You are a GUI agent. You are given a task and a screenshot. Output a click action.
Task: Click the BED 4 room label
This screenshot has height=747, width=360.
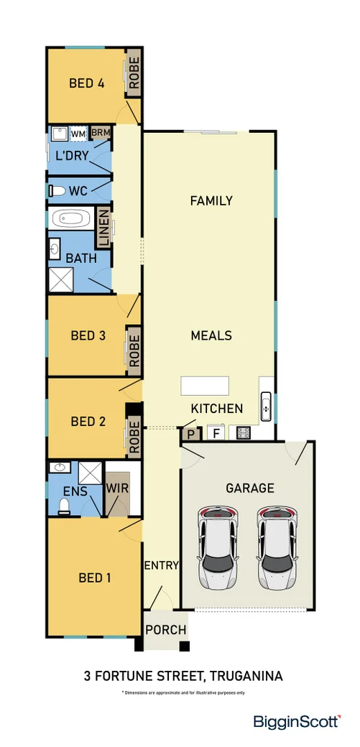[86, 83]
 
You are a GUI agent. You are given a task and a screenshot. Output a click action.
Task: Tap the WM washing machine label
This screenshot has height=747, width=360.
[78, 134]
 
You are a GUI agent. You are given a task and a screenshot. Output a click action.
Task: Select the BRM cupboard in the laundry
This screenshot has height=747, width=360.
[100, 134]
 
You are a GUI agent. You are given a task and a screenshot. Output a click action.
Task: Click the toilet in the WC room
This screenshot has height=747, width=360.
[58, 191]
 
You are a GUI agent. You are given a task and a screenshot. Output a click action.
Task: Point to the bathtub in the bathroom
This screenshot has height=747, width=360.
[72, 218]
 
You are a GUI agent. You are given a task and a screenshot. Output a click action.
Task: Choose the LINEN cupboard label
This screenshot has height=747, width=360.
[103, 228]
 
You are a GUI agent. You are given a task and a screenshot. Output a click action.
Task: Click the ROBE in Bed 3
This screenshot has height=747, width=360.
[133, 349]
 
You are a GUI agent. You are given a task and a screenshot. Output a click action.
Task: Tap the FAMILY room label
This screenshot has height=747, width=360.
[211, 201]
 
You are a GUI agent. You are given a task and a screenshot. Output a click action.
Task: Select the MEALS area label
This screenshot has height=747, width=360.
[211, 335]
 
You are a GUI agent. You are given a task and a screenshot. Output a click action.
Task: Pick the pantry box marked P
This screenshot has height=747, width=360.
[191, 434]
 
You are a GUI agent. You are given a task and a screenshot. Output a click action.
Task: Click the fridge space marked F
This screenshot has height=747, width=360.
[214, 434]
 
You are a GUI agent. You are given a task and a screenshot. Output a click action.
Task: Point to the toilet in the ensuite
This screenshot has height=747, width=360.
[63, 507]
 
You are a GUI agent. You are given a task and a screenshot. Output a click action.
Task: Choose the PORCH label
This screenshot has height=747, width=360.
[166, 630]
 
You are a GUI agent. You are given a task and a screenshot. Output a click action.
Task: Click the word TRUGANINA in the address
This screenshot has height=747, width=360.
[244, 676]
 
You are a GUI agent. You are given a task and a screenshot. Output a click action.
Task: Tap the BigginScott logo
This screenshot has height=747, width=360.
[297, 722]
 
